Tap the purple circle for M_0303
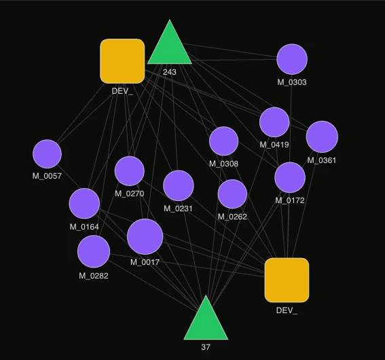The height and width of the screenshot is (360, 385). [292, 59]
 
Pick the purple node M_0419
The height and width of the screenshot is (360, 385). [274, 122]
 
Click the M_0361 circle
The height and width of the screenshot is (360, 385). [322, 137]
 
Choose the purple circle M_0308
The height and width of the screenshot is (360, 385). [223, 141]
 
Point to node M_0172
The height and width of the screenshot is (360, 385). [290, 178]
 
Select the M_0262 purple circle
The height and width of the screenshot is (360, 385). [232, 194]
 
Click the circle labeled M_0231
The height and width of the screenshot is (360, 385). [179, 185]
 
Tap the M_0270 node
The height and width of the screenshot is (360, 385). [129, 170]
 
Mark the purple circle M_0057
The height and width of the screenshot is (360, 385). [47, 154]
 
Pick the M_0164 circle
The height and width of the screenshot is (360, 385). [84, 204]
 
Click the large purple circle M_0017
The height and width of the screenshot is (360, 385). [145, 236]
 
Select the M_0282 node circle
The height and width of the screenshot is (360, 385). [94, 252]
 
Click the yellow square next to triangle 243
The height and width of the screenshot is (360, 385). [122, 60]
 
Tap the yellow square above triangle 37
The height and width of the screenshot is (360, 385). [287, 280]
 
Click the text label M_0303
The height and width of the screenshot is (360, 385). [292, 82]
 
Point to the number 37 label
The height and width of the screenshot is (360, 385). [206, 347]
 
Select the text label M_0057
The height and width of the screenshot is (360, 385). [47, 176]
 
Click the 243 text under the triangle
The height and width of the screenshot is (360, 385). [170, 71]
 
